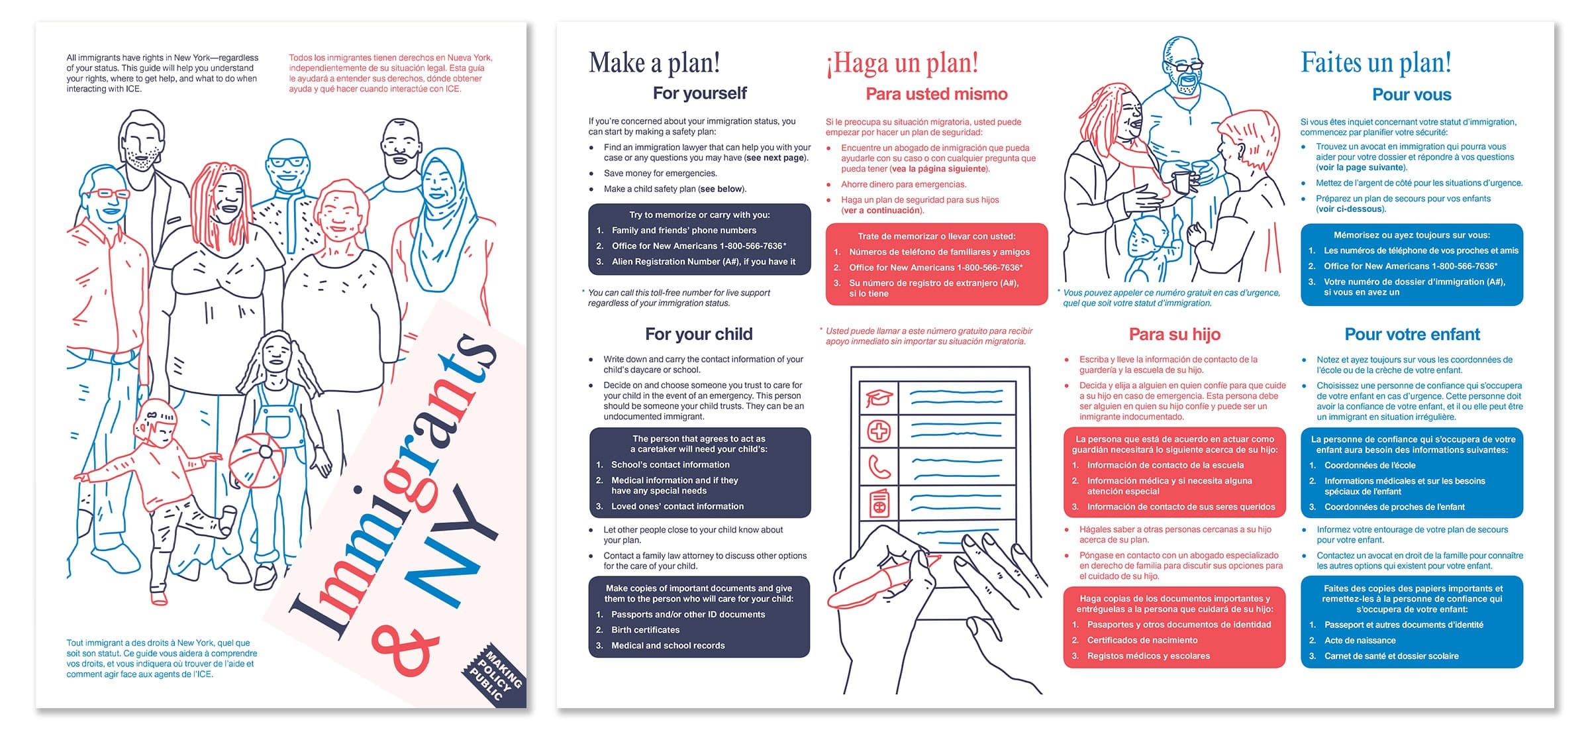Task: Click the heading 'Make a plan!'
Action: coord(654,64)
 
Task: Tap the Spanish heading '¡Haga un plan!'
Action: coord(901,64)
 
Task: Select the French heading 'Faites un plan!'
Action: coord(1376,63)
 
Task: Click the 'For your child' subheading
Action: coord(699,334)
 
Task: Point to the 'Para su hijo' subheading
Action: coord(1175,335)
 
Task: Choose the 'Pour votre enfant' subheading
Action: coord(1413,335)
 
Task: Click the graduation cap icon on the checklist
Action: coord(879,397)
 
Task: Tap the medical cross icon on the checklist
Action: coord(879,432)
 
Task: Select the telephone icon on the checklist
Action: coord(879,467)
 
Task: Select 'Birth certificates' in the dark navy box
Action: coord(645,630)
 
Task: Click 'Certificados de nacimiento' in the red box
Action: coord(1142,641)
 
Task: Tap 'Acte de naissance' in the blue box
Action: coord(1360,641)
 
